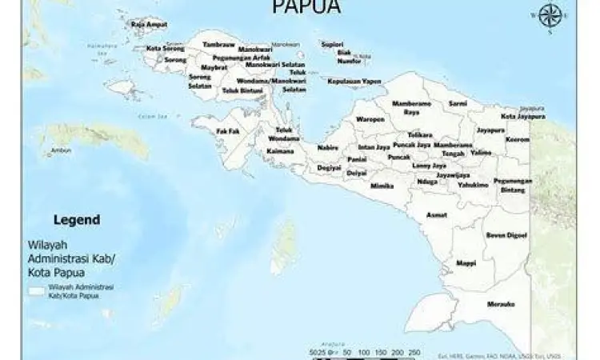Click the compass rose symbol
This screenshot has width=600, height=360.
coord(549,17)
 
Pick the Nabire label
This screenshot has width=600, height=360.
coord(328,147)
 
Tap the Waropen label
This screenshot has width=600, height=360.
coord(370,119)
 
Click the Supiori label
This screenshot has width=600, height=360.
coord(333,44)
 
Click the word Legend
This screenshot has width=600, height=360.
coord(76,219)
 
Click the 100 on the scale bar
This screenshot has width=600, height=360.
coord(363,351)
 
